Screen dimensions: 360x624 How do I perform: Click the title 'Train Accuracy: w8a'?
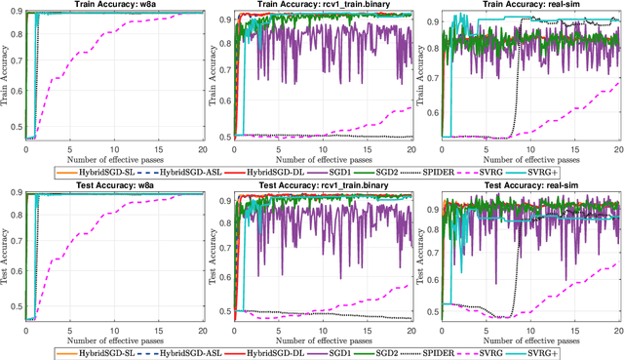point(115,5)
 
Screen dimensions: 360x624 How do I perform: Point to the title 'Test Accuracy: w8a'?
point(115,188)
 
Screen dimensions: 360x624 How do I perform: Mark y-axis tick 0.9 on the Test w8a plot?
point(16,194)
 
